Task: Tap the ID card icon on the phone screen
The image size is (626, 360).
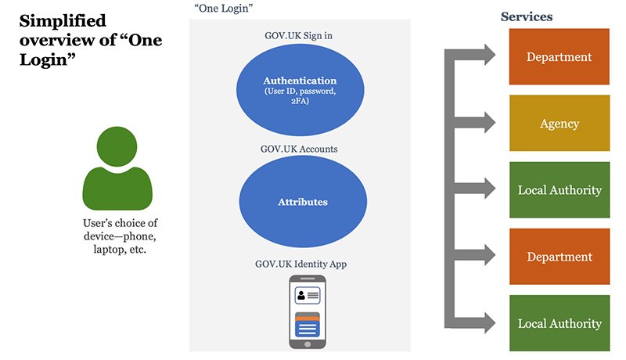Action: (x=307, y=296)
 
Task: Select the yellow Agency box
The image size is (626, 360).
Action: (x=559, y=124)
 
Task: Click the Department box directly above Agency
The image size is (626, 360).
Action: (x=559, y=57)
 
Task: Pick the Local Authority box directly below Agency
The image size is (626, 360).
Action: (x=559, y=190)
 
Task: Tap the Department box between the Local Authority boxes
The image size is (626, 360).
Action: (x=559, y=257)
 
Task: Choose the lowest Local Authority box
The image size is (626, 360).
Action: (x=559, y=323)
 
